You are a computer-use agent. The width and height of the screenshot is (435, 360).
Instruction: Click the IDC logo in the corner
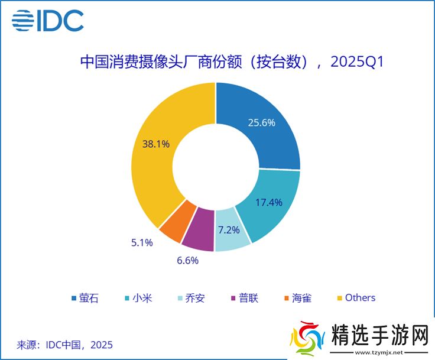pos(48,21)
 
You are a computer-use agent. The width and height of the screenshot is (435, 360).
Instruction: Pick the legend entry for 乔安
pos(191,297)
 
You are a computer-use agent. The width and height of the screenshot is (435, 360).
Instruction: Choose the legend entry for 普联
pos(244,297)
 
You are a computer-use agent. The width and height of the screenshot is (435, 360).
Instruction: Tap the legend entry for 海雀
pos(297,297)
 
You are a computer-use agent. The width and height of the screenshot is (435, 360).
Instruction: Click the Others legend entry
pos(356,297)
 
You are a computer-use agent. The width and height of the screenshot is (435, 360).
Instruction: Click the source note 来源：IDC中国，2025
pos(65,344)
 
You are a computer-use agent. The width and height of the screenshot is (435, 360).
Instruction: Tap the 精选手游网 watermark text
pos(379,336)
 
